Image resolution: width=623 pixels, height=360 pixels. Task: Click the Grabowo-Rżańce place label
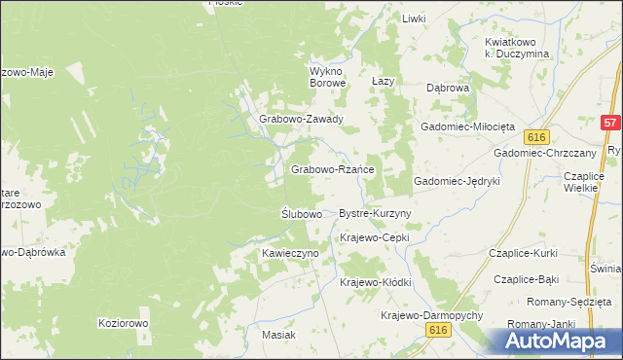(x=333, y=169)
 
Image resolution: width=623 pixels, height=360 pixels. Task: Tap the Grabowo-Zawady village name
(x=301, y=120)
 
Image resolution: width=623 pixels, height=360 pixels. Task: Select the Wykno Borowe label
(x=328, y=77)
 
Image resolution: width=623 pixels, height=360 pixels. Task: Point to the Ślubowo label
(x=301, y=213)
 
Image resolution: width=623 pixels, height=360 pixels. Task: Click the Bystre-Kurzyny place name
(x=375, y=213)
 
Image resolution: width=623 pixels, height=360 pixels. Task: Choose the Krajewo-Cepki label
(x=375, y=237)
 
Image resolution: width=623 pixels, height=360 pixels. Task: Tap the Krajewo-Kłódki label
(x=376, y=282)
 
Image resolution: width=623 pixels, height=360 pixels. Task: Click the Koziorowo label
(x=123, y=322)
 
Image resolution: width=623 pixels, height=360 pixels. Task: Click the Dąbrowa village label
(x=449, y=88)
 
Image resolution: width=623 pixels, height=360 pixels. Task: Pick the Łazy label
(x=383, y=82)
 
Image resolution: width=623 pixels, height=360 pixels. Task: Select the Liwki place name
(x=415, y=18)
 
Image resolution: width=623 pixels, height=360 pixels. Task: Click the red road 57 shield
(x=610, y=124)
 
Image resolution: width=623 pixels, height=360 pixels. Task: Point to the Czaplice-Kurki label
(x=525, y=253)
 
